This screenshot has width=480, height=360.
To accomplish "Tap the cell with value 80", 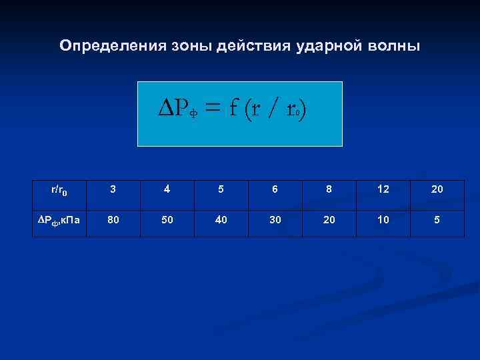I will coord(113,219).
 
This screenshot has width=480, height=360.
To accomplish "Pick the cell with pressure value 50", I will coord(167,219).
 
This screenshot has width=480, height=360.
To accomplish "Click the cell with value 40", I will coord(221,219).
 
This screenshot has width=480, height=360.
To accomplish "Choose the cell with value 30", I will coord(275,219).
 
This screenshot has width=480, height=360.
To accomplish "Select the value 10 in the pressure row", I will coord(383,219).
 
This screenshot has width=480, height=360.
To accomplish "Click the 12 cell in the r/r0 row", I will coord(383,189).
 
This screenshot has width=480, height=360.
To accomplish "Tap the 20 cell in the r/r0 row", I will coord(437,189).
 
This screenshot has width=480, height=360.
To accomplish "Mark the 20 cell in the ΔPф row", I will coord(329,219).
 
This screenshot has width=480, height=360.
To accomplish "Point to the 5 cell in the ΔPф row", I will coord(437,219).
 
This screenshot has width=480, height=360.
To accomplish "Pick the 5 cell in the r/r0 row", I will coord(221,189).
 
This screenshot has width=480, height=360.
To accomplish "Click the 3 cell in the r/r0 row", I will coord(113,189).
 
